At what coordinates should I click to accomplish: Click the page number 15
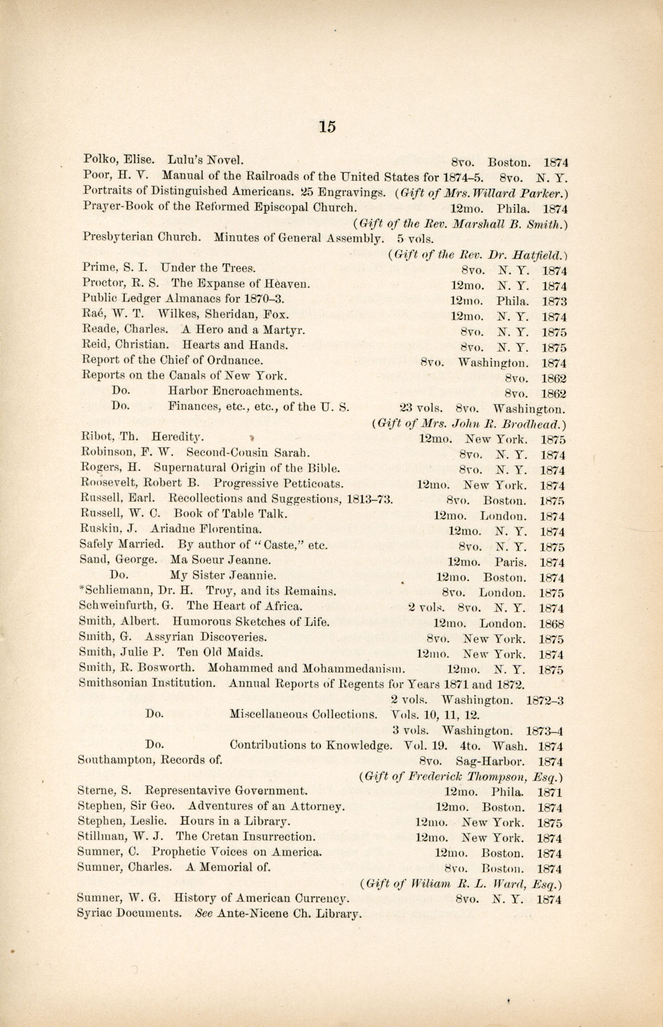click(327, 127)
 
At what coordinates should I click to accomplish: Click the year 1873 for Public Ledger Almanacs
click(554, 301)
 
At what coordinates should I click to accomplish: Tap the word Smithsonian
click(113, 683)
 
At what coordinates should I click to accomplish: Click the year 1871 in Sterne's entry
click(550, 792)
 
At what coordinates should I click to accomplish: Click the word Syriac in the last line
click(94, 914)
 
